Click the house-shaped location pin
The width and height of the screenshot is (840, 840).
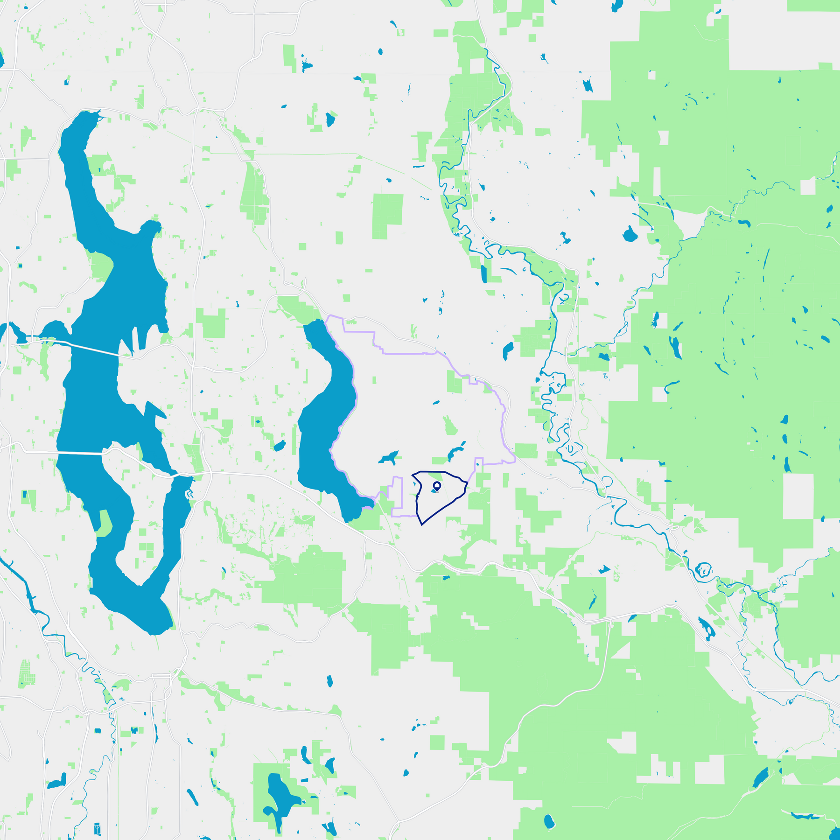pyautogui.click(x=437, y=486)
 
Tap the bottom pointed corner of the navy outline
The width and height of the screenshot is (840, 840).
pyautogui.click(x=422, y=525)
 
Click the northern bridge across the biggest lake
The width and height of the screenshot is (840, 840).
pyautogui.click(x=93, y=348)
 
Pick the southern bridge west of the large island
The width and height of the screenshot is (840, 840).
pyautogui.click(x=79, y=453)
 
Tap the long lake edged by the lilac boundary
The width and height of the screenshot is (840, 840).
pyautogui.click(x=327, y=420)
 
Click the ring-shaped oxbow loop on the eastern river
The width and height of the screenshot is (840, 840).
pyautogui.click(x=703, y=570)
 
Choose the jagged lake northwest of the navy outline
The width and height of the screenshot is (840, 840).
pyautogui.click(x=388, y=457)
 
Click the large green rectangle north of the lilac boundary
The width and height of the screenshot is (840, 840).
pyautogui.click(x=387, y=216)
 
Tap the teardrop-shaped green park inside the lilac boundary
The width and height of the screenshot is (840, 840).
pyautogui.click(x=450, y=426)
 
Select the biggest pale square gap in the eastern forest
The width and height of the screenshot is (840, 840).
pyautogui.click(x=798, y=496)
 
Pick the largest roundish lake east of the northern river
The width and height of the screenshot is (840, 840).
pyautogui.click(x=630, y=235)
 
